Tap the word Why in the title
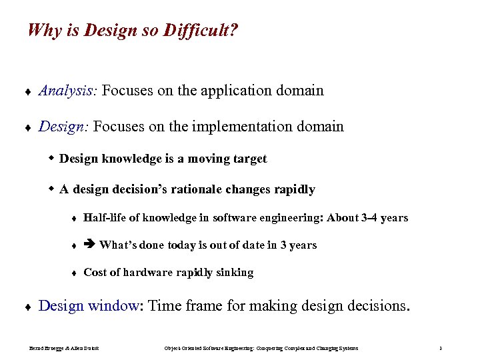45,31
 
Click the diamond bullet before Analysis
25,91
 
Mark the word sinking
234,272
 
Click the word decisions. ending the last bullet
382,306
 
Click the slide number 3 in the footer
441,348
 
